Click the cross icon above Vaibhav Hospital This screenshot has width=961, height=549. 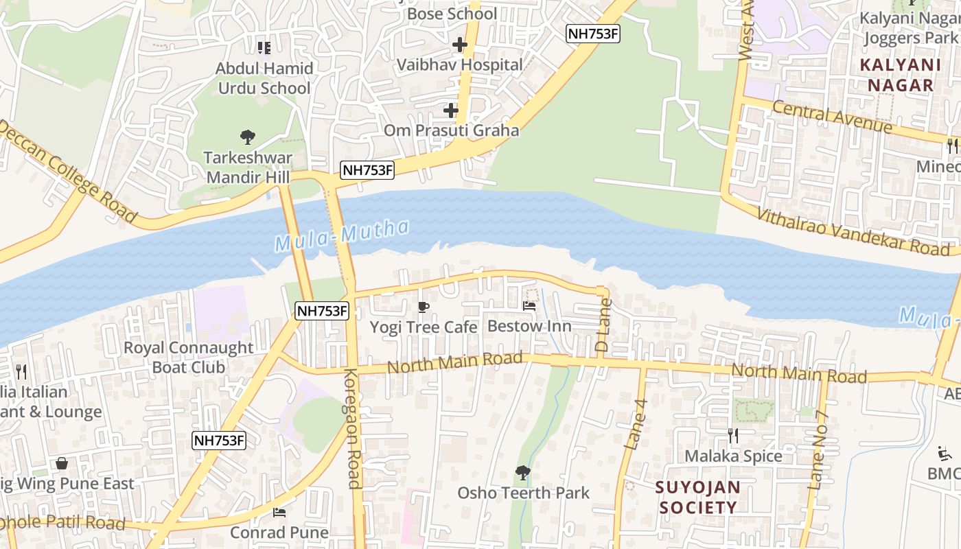pyautogui.click(x=460, y=45)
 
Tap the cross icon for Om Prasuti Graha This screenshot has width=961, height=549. pyautogui.click(x=451, y=110)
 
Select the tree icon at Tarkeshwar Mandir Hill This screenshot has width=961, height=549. pyautogui.click(x=248, y=137)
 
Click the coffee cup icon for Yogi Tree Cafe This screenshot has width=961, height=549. pyautogui.click(x=424, y=307)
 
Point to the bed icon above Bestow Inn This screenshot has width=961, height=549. pyautogui.click(x=529, y=306)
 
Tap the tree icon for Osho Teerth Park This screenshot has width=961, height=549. pyautogui.click(x=523, y=472)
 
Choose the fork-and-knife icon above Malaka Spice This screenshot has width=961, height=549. pyautogui.click(x=733, y=435)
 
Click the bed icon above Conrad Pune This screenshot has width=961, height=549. pyautogui.click(x=279, y=512)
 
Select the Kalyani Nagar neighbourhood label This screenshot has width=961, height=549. pyautogui.click(x=900, y=75)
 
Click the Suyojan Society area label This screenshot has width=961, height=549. pyautogui.click(x=697, y=498)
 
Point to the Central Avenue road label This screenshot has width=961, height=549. pyautogui.click(x=832, y=116)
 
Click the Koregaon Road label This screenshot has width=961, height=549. pyautogui.click(x=352, y=428)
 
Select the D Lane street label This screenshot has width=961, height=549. pyautogui.click(x=603, y=325)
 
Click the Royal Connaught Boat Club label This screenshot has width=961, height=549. pyautogui.click(x=188, y=357)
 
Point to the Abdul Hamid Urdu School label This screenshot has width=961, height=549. pyautogui.click(x=264, y=78)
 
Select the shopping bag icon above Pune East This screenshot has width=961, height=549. pyautogui.click(x=62, y=463)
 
